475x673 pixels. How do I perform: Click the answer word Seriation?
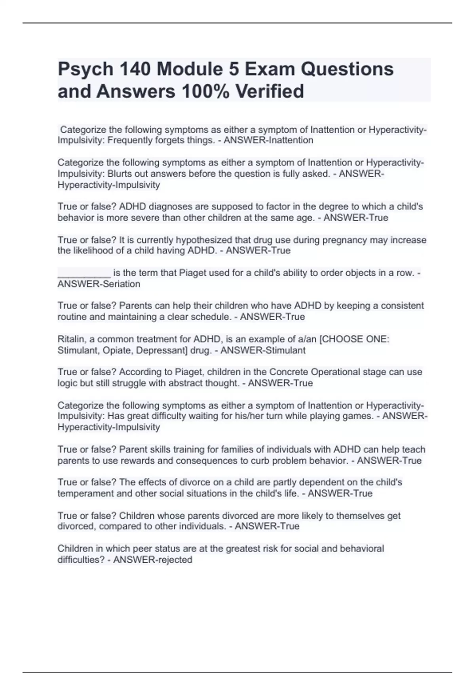(x=119, y=284)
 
